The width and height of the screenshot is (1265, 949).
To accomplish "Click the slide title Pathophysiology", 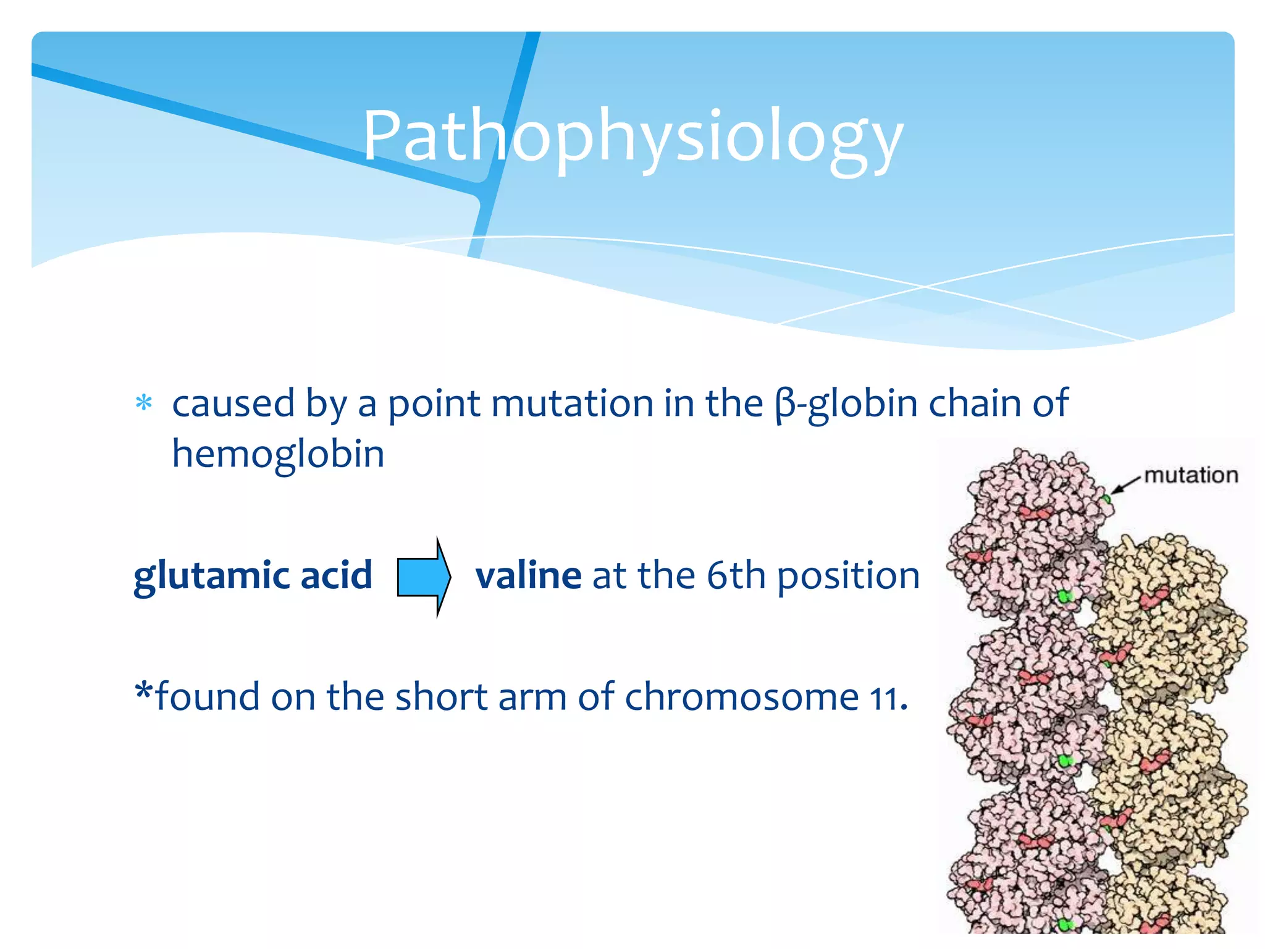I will click(x=632, y=136).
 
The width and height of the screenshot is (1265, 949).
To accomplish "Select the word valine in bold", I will click(x=528, y=576).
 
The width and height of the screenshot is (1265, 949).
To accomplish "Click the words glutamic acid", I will click(x=253, y=576).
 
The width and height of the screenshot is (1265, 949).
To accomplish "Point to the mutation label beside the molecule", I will click(x=1191, y=475).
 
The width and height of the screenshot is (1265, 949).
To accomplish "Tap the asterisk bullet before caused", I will click(x=144, y=403).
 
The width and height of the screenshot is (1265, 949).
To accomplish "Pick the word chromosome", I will click(x=741, y=698).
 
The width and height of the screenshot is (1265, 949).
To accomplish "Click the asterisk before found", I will click(x=143, y=692).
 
